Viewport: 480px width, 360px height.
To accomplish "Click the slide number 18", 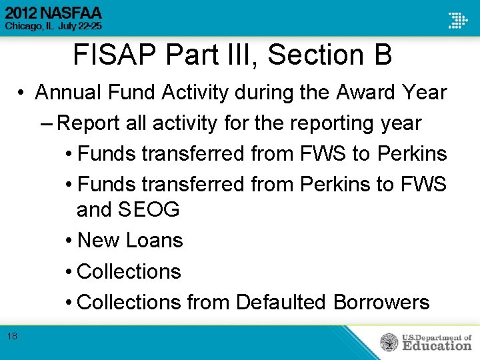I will (x=12, y=336).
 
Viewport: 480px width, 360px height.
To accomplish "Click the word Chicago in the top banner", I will (x=25, y=26).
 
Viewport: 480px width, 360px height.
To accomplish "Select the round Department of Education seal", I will (x=389, y=342).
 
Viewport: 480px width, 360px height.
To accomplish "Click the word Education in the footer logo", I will (x=436, y=345).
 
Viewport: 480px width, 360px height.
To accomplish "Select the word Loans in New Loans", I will (x=157, y=240).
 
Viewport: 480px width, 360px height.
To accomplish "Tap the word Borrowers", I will (x=381, y=302).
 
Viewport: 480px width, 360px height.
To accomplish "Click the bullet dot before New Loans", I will (x=70, y=241).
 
